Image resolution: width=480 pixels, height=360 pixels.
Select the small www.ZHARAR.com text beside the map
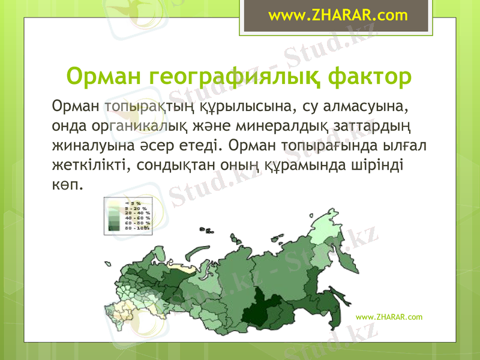pyautogui.click(x=389, y=316)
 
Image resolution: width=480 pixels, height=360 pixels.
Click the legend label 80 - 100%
pyautogui.click(x=136, y=228)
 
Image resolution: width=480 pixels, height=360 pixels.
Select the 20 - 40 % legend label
pyautogui.click(x=136, y=213)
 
